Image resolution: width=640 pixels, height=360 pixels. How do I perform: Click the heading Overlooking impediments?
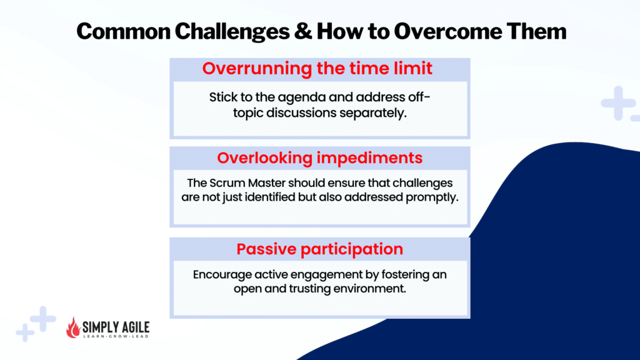point(319,158)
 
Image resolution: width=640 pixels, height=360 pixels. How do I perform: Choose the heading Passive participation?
point(319,249)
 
